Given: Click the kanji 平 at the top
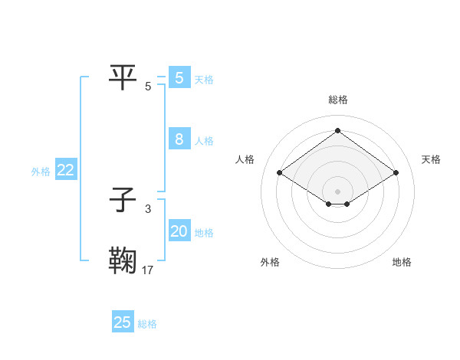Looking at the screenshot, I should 123,77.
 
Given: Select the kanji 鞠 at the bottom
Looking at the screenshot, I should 123,260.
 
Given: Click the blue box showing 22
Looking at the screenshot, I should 65,171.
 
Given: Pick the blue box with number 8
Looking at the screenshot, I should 179,139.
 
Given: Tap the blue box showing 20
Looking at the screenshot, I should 179,231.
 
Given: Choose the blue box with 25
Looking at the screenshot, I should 123,322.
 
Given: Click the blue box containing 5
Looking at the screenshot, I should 179,77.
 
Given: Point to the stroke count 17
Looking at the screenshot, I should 148,270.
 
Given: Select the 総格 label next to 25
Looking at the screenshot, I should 147,324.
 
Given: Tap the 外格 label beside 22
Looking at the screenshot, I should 41,172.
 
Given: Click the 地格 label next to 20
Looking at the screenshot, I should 204,233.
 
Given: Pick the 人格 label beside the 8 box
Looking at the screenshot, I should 204,141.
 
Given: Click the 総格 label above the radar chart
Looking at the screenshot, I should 337,100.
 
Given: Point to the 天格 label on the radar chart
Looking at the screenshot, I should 431,159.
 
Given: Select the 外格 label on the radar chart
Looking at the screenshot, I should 270,262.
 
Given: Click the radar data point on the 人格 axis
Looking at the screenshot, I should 280,173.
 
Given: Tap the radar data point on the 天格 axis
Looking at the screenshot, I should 396,173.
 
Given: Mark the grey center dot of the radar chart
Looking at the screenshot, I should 337,191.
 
